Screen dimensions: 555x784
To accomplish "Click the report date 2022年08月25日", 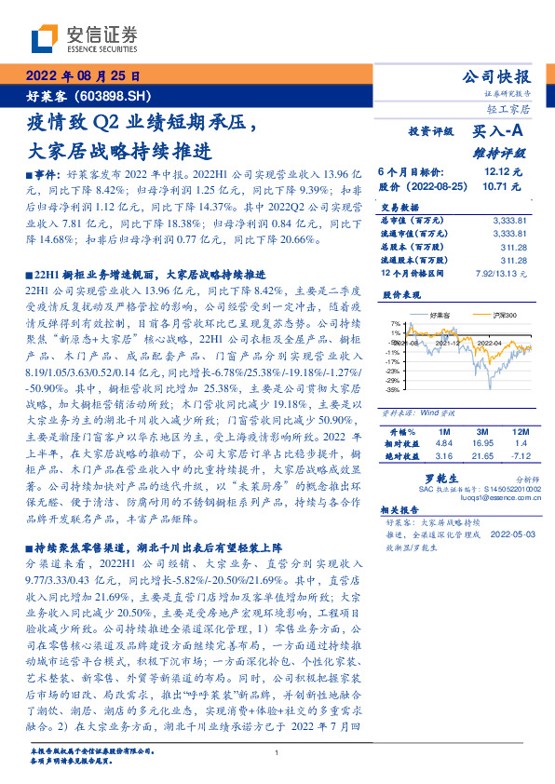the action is (x=82, y=76).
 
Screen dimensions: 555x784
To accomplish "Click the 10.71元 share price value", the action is (x=503, y=186).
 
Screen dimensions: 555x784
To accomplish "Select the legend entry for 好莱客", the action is (x=442, y=316).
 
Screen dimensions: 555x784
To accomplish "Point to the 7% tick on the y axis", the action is (x=395, y=322).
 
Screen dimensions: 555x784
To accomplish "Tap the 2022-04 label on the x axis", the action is (x=490, y=343).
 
